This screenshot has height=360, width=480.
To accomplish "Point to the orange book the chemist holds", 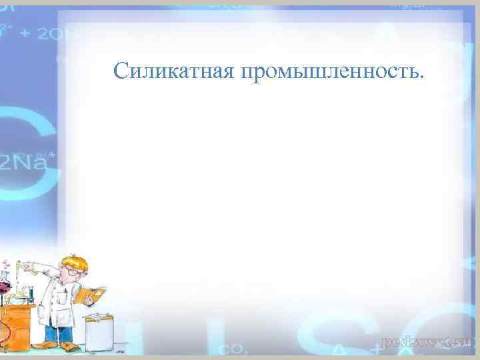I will tap(90, 294).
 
